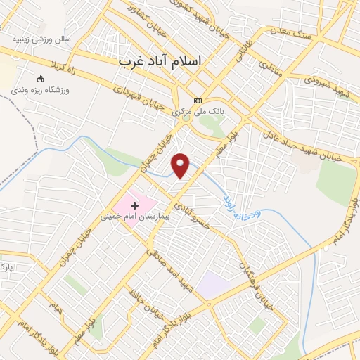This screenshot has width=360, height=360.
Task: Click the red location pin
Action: point(181,165)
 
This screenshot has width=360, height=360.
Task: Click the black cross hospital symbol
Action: point(134,205)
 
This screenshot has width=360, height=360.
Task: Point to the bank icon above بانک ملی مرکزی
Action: point(198,101)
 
